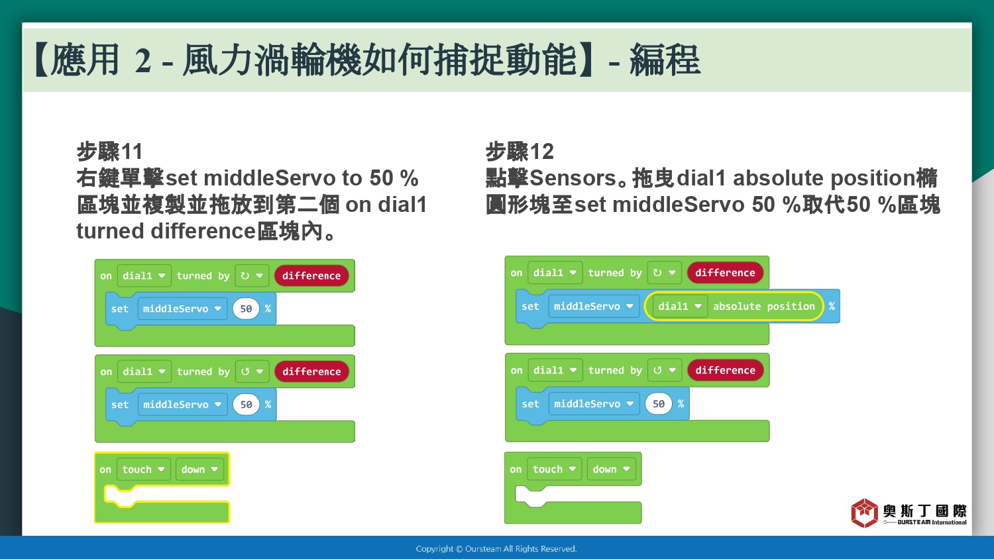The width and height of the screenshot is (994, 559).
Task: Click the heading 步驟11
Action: (109, 152)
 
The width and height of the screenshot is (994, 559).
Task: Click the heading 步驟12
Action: (520, 152)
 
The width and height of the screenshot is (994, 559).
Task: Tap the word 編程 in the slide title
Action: (665, 60)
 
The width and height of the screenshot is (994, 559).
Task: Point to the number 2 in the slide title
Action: (143, 60)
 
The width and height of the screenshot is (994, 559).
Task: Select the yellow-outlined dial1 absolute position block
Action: (734, 306)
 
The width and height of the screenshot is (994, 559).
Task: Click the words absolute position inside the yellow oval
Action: (763, 306)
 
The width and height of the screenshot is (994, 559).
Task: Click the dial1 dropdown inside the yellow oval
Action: (679, 306)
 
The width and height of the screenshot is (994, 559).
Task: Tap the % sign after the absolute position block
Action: (832, 306)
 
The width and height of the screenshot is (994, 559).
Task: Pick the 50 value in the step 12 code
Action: (659, 404)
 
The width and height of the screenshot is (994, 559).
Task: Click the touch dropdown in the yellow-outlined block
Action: (143, 470)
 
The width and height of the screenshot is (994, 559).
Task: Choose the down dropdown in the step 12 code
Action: (611, 470)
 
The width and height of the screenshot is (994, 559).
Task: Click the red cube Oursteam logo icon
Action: (864, 513)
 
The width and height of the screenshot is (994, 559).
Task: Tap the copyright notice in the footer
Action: (496, 549)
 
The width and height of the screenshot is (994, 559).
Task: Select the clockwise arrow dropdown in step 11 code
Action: (252, 276)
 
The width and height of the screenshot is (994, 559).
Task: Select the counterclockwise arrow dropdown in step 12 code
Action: (664, 370)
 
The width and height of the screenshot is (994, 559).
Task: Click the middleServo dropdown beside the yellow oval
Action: (593, 306)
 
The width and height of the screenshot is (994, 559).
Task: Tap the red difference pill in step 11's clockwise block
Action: (311, 276)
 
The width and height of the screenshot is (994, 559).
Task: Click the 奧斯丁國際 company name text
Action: (925, 511)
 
